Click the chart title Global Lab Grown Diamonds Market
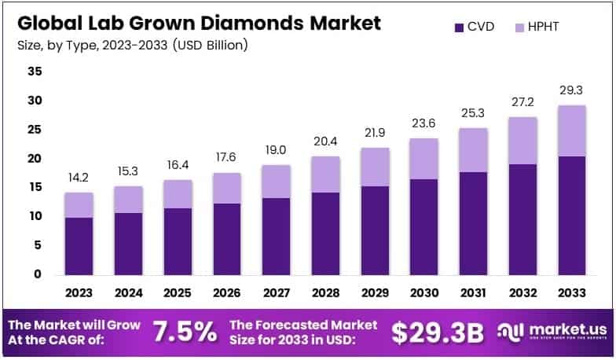[x=198, y=22]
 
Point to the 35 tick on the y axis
[x=35, y=72]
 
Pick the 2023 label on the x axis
[x=79, y=292]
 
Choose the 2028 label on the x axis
[x=325, y=292]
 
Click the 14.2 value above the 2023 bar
[x=79, y=178]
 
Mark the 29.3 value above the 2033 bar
[x=572, y=90]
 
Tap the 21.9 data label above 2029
[x=375, y=133]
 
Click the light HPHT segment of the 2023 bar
[x=79, y=204]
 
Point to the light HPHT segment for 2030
[x=424, y=159]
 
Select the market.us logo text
[x=563, y=329]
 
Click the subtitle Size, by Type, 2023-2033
[x=132, y=45]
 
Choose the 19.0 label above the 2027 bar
[x=276, y=150]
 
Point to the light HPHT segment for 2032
[x=522, y=141]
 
